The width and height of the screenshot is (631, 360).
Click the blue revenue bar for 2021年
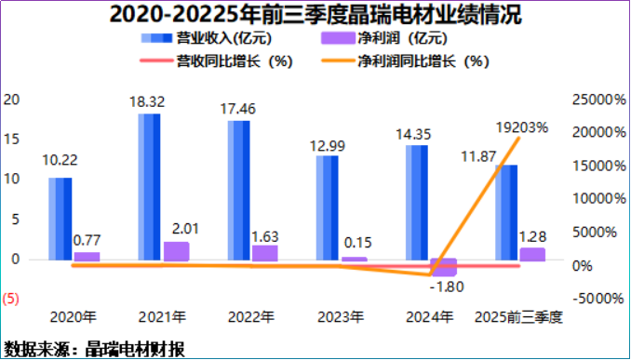tap(149, 186)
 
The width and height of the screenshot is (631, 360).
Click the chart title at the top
tap(315, 14)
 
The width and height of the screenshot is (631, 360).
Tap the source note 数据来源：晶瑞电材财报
tap(94, 349)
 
